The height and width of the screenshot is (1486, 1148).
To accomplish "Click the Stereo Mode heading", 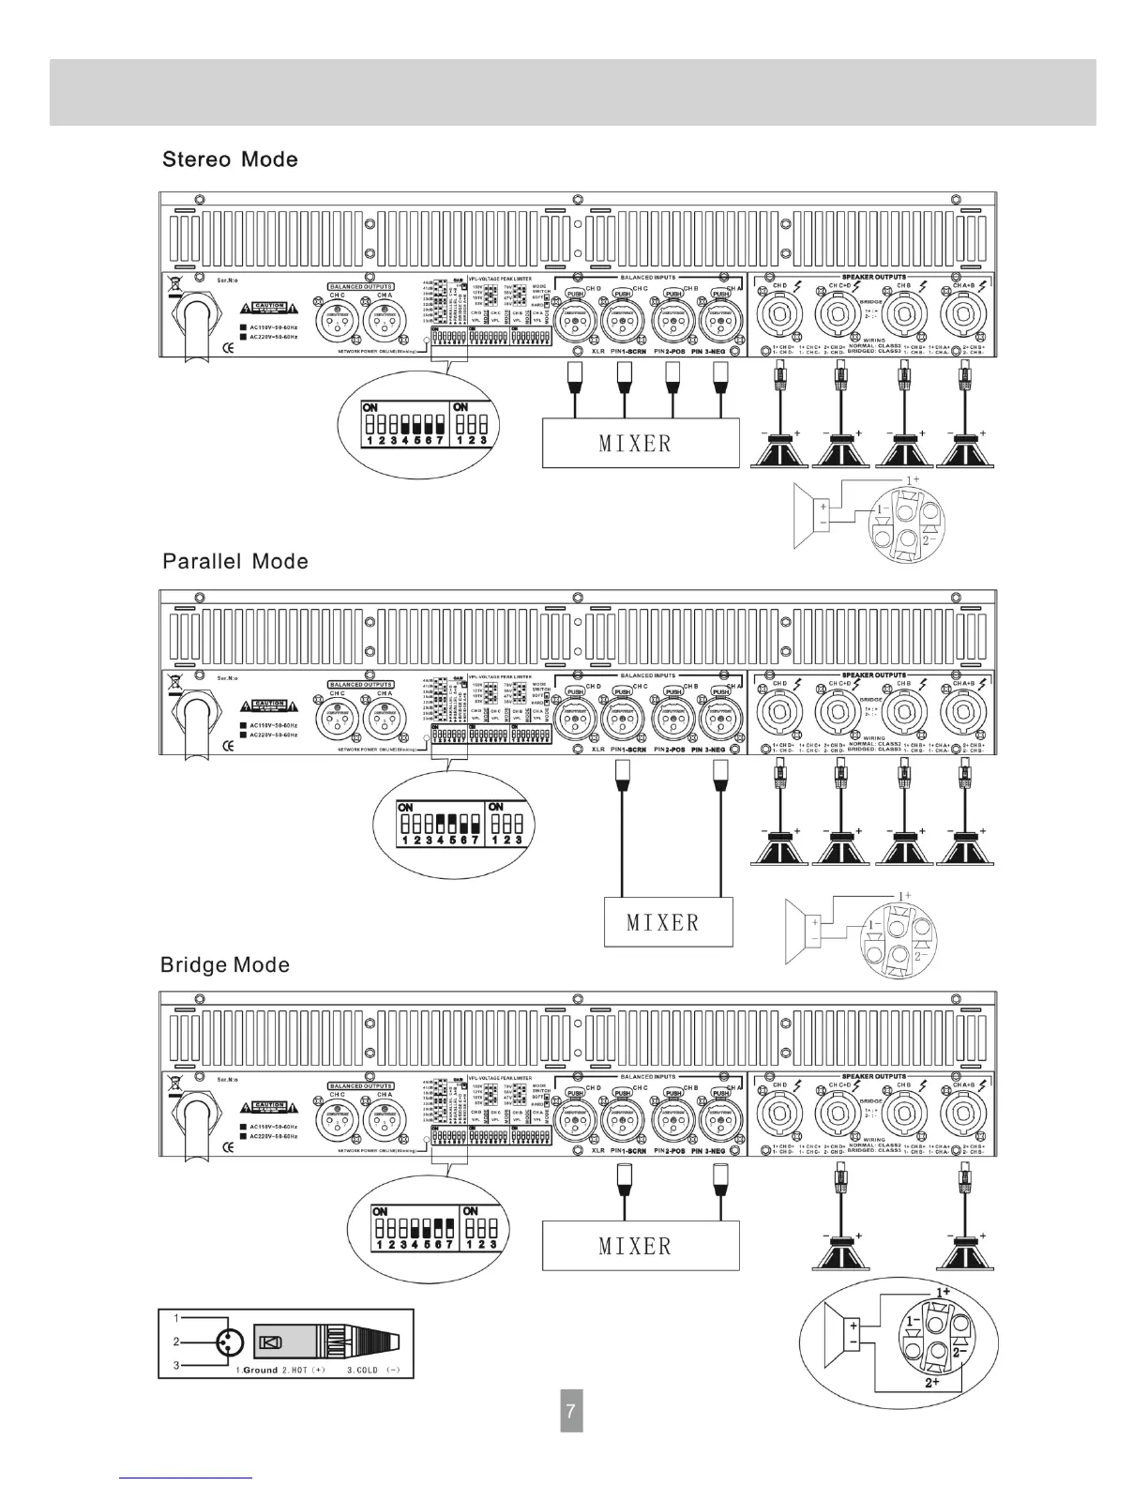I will point(230,159).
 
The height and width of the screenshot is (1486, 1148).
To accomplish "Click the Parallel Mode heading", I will point(234,562).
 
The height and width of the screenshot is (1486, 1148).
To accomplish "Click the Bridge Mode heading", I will point(225,965).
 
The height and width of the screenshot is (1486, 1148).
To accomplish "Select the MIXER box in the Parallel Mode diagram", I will point(663,921).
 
